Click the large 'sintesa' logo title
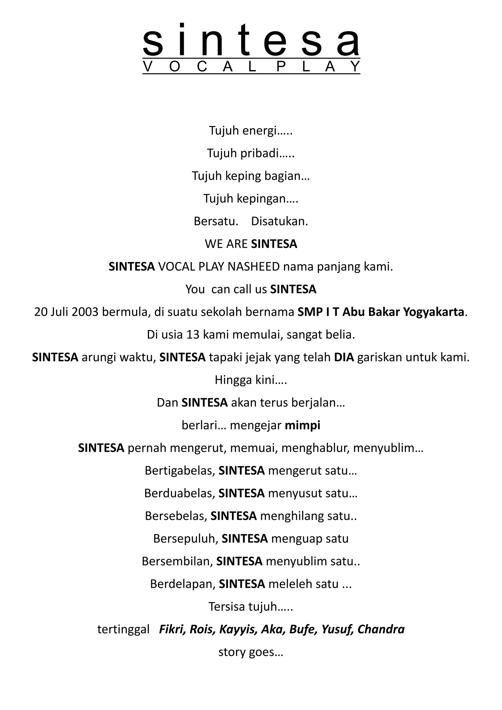[251, 40]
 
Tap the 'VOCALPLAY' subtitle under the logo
[251, 66]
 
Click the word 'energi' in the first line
[259, 131]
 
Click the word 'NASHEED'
[253, 266]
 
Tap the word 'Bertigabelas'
[180, 471]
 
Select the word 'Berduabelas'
[179, 493]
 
